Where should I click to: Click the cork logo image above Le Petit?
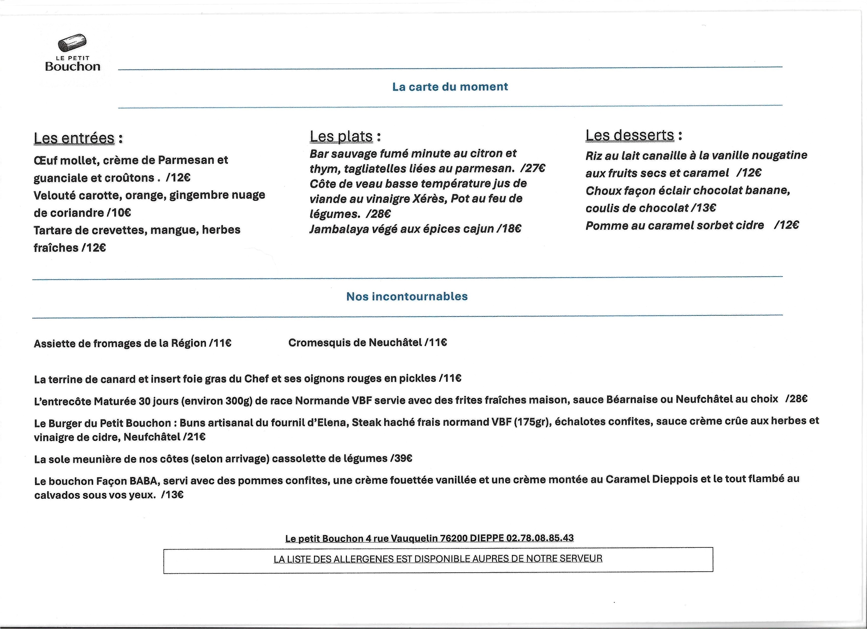72,43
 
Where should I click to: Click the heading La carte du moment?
450,87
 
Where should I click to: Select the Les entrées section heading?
74,138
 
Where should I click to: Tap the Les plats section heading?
341,136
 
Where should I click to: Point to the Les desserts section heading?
630,135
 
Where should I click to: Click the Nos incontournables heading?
407,296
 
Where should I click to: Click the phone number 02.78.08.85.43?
540,538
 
